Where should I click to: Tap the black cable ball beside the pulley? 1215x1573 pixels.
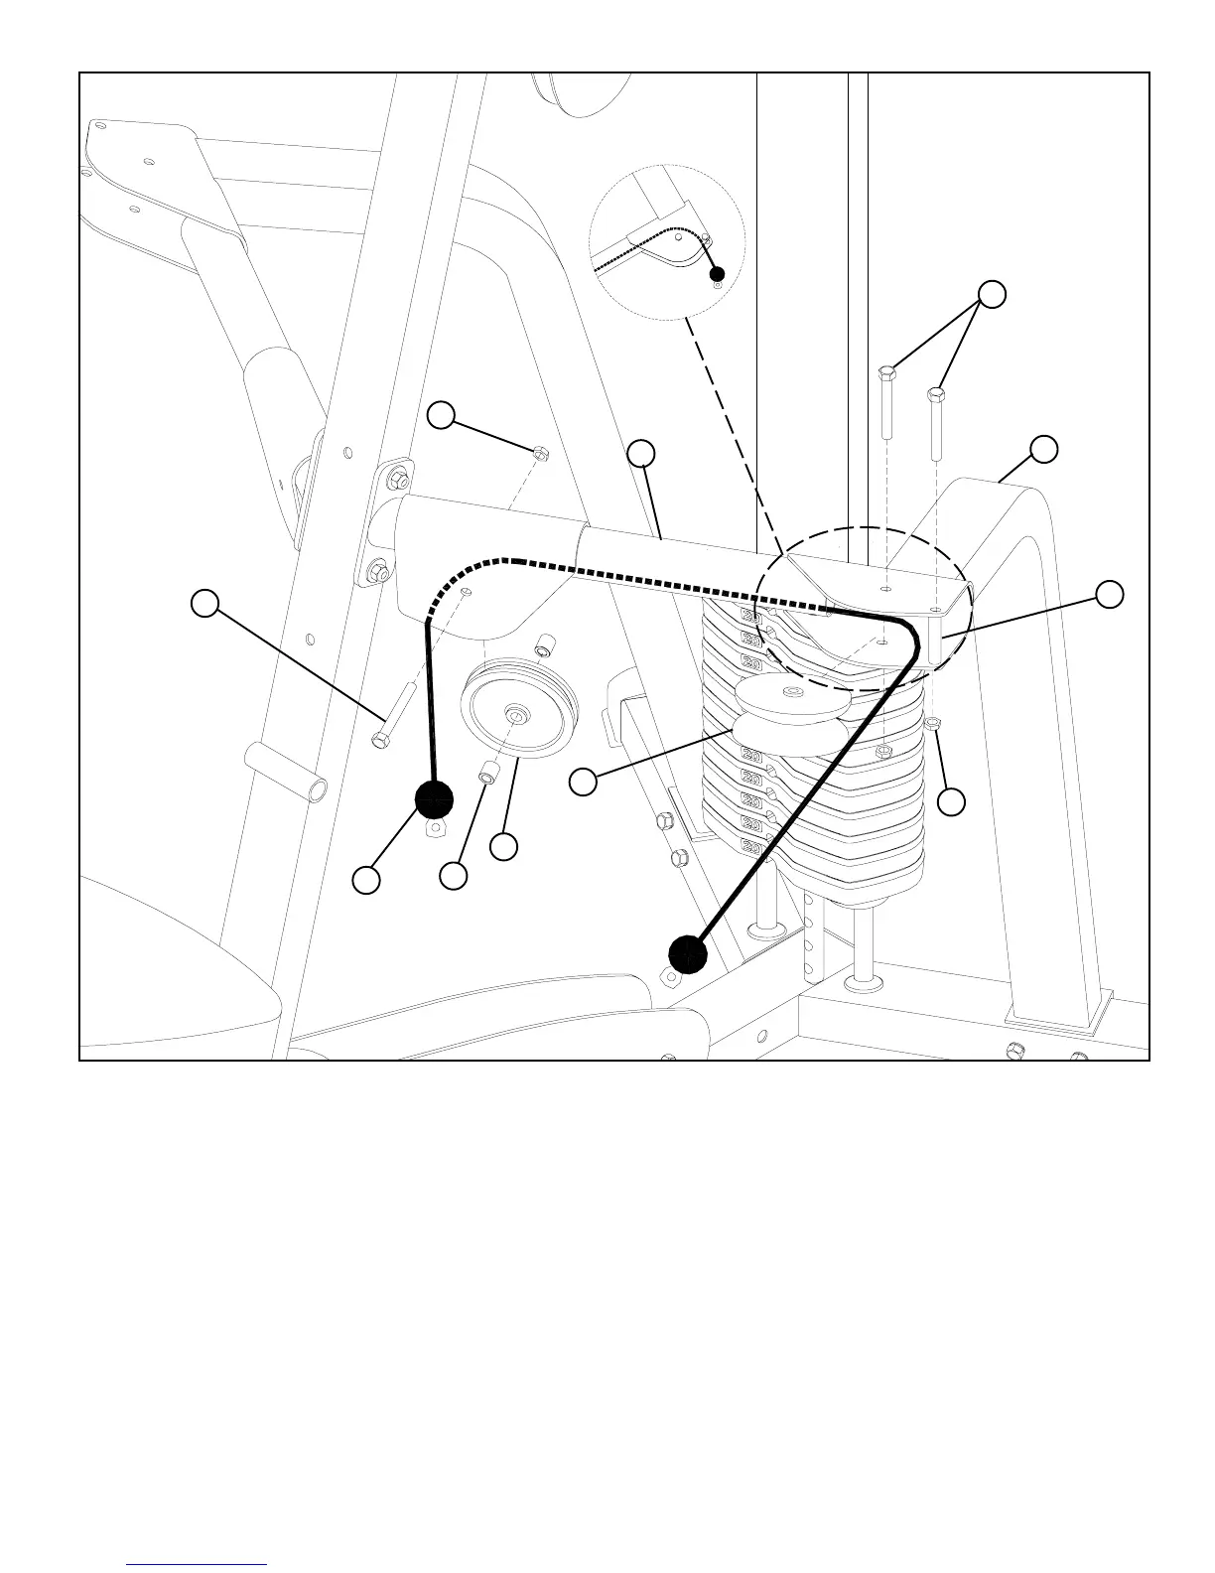433,799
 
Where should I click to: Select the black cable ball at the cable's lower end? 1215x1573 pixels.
687,954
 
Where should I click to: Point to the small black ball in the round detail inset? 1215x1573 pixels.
717,275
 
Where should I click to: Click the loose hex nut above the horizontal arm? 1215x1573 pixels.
540,454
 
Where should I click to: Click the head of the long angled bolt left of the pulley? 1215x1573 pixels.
378,740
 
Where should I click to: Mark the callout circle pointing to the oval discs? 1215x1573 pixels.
583,782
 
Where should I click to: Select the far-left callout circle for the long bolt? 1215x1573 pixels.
204,604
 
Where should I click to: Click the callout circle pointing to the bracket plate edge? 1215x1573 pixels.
1110,594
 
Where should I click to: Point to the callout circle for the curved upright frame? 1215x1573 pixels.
1043,449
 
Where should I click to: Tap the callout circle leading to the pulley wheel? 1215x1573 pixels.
504,846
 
